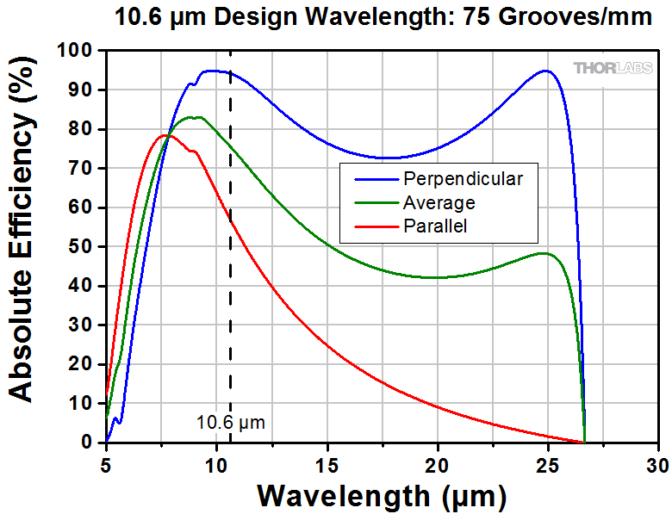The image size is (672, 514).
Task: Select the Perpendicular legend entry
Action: coord(462,179)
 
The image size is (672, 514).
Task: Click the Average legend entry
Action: coord(439,203)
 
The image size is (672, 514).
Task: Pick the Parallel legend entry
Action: coord(435,226)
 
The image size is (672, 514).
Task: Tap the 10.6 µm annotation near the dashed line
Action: coord(230,422)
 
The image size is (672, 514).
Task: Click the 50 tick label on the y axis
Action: coord(84,247)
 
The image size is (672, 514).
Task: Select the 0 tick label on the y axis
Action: coord(90,443)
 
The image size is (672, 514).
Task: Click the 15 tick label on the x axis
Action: coord(327,464)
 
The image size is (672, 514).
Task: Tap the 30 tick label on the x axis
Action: coord(658,464)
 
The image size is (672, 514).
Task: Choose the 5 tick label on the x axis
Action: coord(106,464)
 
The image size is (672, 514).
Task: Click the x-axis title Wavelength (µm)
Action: coord(382,496)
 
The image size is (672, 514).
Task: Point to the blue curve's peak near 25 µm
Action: coord(545,71)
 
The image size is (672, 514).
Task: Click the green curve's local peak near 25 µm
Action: coord(544,253)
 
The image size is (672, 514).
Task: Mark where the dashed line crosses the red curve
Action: coord(230,220)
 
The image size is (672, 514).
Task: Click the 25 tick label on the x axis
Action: coord(548,464)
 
